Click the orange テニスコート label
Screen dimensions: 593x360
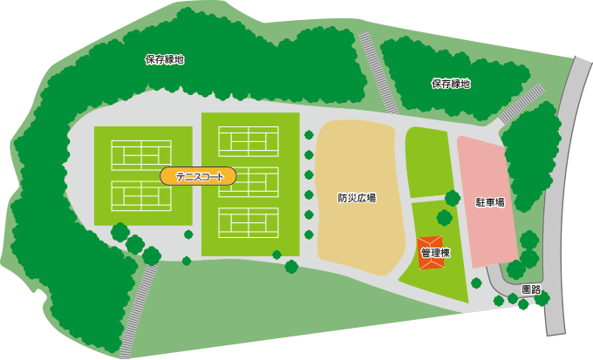coord(198,176)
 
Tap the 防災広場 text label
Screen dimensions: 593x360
coord(357,198)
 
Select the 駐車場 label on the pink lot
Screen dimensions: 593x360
coord(489,201)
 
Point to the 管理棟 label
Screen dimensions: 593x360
coord(434,254)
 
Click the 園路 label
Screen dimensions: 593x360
coord(530,289)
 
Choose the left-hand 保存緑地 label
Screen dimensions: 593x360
coord(165,60)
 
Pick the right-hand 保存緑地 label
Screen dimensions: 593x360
coord(450,84)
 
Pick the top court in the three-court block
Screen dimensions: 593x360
coord(249,140)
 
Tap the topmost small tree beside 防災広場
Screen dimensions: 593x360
coord(309,133)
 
